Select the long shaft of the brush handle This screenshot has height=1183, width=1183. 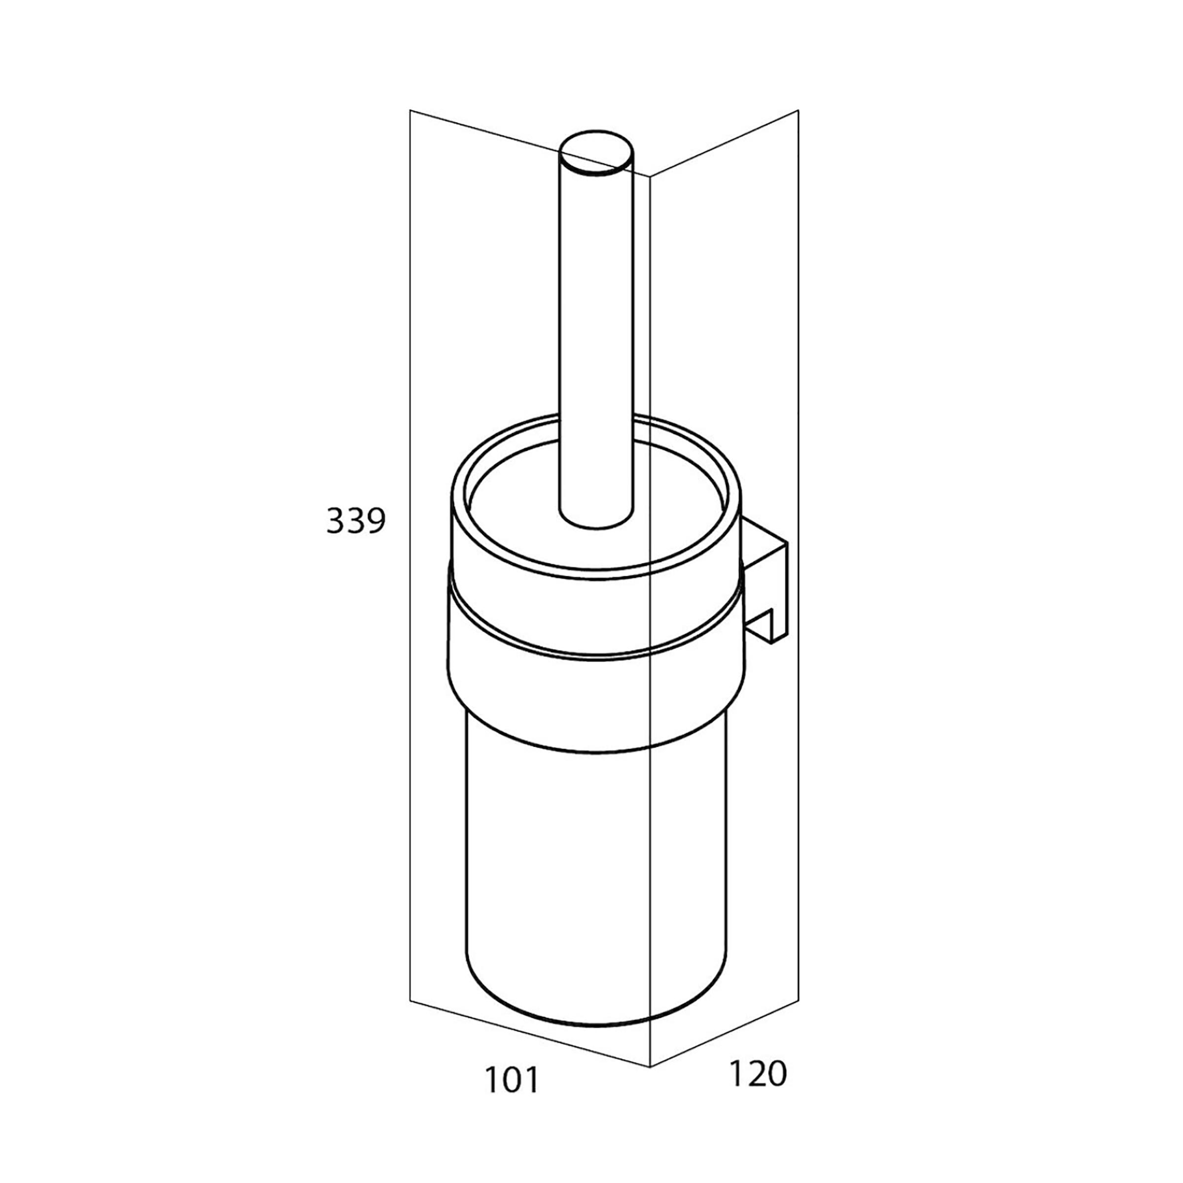(x=596, y=337)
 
